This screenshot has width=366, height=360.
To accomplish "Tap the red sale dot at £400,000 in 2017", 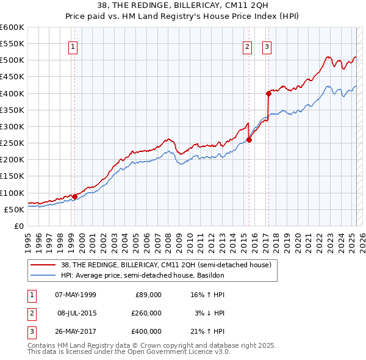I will (268, 93).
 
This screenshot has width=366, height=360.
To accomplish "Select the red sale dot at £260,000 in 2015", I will (249, 140).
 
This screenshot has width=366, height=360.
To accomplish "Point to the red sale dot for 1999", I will (74, 196).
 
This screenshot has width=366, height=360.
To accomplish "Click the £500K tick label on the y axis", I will (13, 60).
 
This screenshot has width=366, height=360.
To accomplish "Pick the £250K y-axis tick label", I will (13, 143).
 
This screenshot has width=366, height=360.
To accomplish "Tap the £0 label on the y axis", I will (19, 226).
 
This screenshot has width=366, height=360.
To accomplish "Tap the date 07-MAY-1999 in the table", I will (76, 295).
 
